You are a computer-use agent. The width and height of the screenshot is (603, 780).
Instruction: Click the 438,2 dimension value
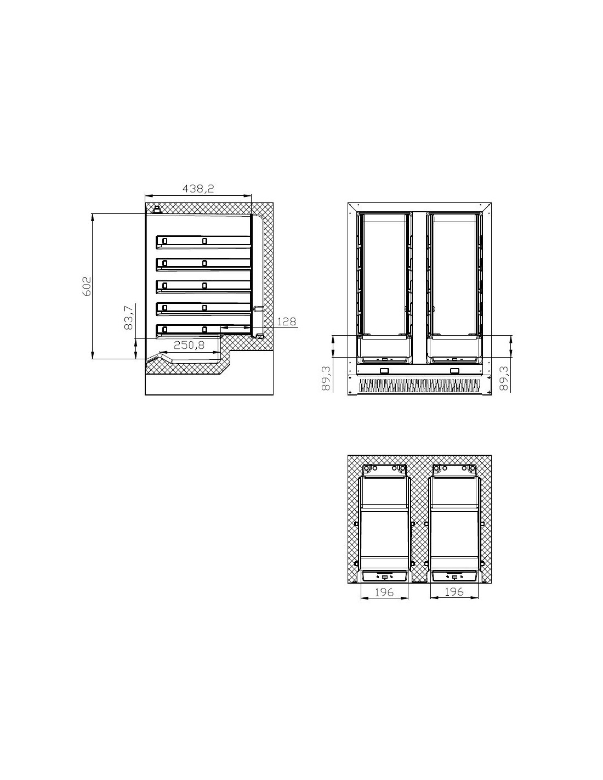click(198, 189)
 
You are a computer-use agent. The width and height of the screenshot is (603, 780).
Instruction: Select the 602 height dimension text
click(87, 286)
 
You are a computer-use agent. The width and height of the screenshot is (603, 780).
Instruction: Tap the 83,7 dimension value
click(128, 317)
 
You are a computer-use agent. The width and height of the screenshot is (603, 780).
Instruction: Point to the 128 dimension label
click(286, 321)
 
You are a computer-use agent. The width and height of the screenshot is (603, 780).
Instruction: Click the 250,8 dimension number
click(189, 345)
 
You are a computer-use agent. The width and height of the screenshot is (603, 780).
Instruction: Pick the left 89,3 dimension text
click(326, 378)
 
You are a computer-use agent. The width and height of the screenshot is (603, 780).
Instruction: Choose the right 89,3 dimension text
click(504, 378)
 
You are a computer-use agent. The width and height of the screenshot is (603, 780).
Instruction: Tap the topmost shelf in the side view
click(203, 242)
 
